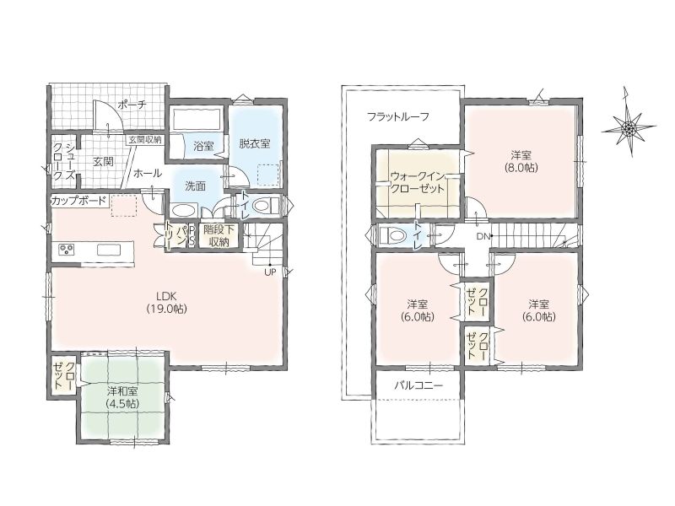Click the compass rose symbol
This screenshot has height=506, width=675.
pyautogui.click(x=629, y=126)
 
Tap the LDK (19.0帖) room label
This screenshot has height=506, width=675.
pyautogui.click(x=166, y=302)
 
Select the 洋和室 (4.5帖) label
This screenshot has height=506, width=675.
pyautogui.click(x=122, y=397)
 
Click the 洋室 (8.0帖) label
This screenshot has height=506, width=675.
pyautogui.click(x=521, y=161)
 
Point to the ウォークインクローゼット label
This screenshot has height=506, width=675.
pyautogui.click(x=417, y=182)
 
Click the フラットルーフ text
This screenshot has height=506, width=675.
pyautogui.click(x=398, y=116)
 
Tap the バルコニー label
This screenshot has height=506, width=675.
pyautogui.click(x=418, y=385)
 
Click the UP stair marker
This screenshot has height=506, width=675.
pyautogui.click(x=270, y=272)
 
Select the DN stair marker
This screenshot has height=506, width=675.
pyautogui.click(x=483, y=236)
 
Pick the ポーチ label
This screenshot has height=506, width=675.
pyautogui.click(x=132, y=105)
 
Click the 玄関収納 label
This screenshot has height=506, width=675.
pyautogui.click(x=144, y=139)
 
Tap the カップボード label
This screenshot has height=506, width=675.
pyautogui.click(x=78, y=201)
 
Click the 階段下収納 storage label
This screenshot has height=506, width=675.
pyautogui.click(x=219, y=235)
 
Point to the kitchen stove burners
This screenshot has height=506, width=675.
pyautogui.click(x=67, y=250)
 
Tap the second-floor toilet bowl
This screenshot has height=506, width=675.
pyautogui.click(x=392, y=236)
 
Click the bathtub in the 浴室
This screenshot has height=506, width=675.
pyautogui.click(x=197, y=118)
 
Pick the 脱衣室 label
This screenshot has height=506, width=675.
pyautogui.click(x=255, y=143)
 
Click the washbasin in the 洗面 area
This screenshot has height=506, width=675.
pyautogui.click(x=184, y=211)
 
